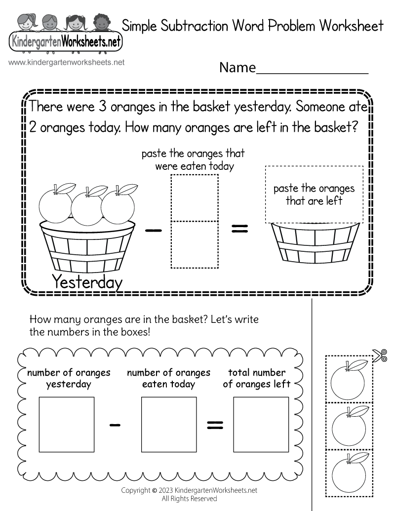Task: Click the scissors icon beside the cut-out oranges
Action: coord(379,355)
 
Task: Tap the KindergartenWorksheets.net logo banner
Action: coord(65,43)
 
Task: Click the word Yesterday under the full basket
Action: coord(87,282)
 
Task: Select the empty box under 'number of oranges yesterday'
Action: coord(66,425)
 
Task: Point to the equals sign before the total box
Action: coord(214,424)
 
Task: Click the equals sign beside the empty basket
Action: coord(239,229)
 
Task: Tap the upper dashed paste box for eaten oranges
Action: coord(195,197)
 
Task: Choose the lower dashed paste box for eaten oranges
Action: coord(195,244)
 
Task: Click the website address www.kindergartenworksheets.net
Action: coord(67,63)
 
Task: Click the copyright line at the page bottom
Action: coord(190,490)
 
